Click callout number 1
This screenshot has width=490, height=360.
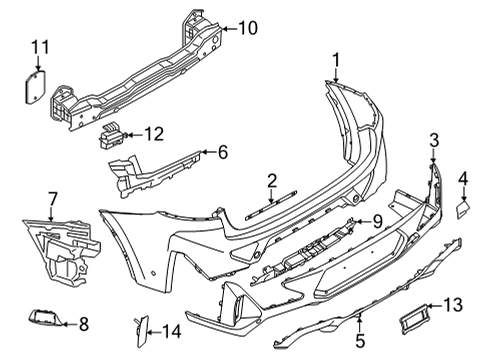[337, 59]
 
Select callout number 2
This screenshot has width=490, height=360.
[271, 180]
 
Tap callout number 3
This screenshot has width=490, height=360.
[434, 139]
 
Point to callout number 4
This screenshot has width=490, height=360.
[463, 179]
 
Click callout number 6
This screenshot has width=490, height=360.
[222, 152]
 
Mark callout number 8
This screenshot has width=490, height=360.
[83, 322]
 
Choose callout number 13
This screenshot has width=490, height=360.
[453, 306]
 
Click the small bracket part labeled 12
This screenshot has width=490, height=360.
[116, 135]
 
